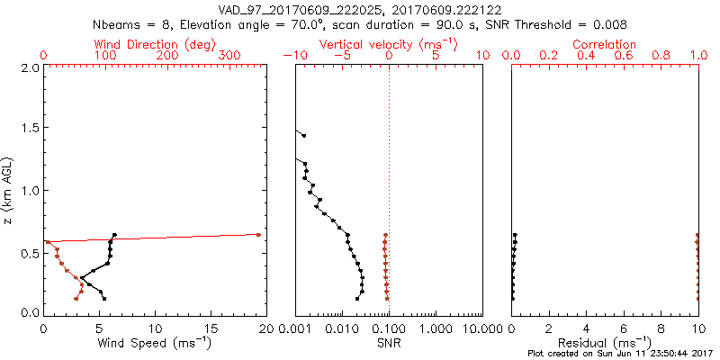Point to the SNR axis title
point(389,342)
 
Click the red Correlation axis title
point(606,44)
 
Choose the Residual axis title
point(605,342)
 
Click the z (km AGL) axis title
point(9,189)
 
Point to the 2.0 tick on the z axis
point(30,67)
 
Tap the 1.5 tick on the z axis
point(30,129)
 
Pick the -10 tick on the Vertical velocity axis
point(293,56)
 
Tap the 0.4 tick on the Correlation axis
point(587,56)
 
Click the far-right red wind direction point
point(258,235)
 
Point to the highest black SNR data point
point(304,136)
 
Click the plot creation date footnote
point(620,354)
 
